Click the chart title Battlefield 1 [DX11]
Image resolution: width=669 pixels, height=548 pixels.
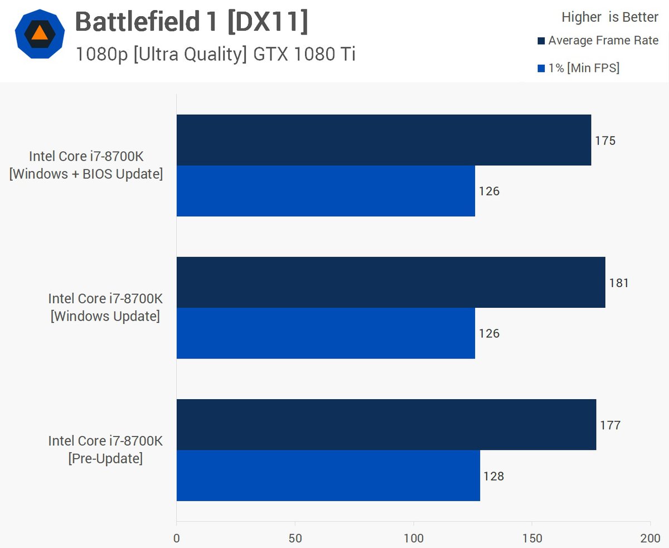coord(191,22)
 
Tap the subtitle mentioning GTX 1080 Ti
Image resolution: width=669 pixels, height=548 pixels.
coord(215,54)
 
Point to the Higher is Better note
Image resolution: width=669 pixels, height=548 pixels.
coord(609,17)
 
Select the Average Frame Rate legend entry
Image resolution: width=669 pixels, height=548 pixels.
coord(598,41)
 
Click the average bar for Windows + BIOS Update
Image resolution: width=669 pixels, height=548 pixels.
coord(384,140)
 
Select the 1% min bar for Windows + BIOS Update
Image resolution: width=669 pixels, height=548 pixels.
coord(326,191)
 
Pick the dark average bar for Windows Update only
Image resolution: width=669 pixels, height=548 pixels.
coord(391,282)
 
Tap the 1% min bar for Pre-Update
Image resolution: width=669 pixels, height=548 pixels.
coord(328,476)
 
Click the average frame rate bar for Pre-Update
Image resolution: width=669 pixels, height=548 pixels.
coord(386,424)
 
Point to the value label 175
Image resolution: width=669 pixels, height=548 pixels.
coord(605,140)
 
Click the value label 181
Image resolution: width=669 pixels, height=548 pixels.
coord(619,283)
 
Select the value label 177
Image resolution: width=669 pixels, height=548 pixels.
coord(610,425)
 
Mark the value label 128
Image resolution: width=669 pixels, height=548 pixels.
coord(493,476)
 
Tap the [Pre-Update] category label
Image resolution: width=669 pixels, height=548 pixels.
coord(105,459)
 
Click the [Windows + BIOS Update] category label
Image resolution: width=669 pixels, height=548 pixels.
coord(86,174)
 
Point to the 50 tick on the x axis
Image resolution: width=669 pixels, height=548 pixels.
coord(295,538)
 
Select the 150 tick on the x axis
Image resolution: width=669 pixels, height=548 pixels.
coord(532,538)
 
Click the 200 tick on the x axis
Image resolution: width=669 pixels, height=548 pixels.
coord(650,538)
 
